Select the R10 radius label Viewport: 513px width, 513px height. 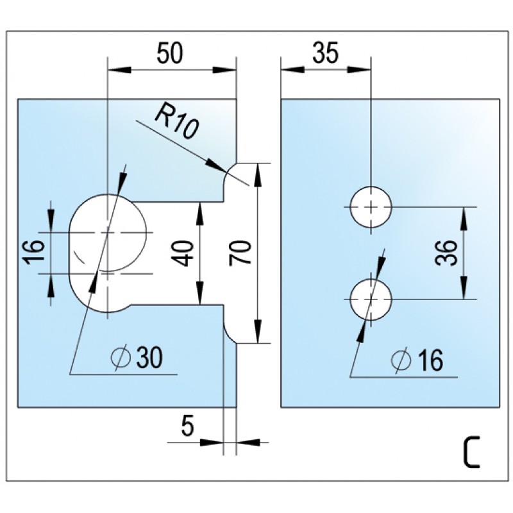[174, 122]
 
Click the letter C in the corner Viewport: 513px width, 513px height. [471, 452]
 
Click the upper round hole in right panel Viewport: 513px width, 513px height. [371, 206]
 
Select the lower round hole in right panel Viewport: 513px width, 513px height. [371, 299]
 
